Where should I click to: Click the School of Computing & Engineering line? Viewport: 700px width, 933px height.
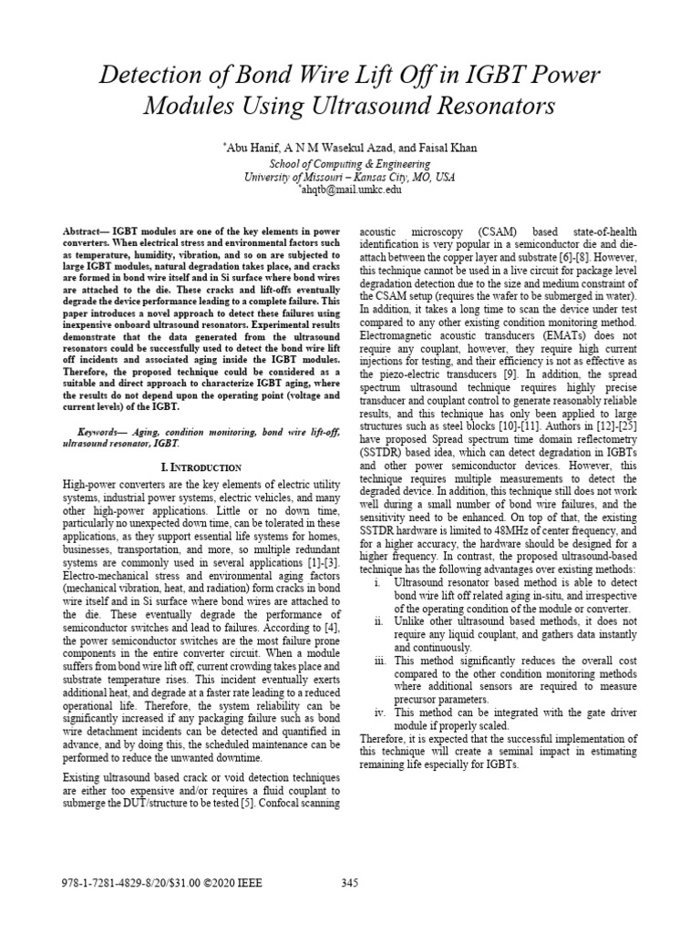click(x=350, y=162)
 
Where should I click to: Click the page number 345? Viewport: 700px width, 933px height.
click(x=351, y=881)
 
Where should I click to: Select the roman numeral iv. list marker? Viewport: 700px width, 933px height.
click(x=377, y=712)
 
